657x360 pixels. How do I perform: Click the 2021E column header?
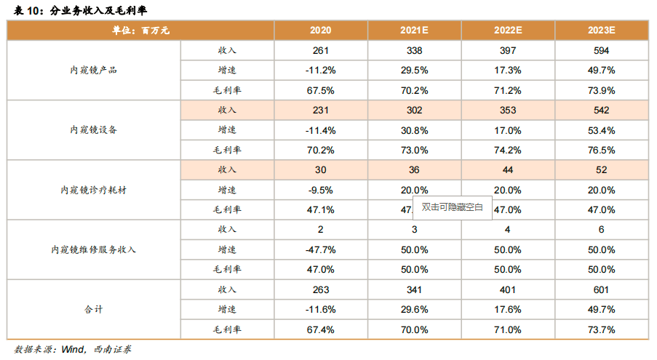click(x=414, y=31)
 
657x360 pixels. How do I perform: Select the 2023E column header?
click(x=601, y=31)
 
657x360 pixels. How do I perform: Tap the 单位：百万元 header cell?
click(x=140, y=31)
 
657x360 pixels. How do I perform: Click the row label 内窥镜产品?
click(x=93, y=71)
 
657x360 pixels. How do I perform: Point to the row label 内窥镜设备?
click(x=93, y=130)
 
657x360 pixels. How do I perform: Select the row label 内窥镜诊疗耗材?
click(x=93, y=190)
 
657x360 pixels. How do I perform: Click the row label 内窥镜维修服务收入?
click(x=93, y=249)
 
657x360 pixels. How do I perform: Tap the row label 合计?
click(x=93, y=309)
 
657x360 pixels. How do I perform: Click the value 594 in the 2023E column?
click(x=601, y=51)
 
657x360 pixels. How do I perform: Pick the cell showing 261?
click(x=320, y=51)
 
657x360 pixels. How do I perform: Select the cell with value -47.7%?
click(x=320, y=249)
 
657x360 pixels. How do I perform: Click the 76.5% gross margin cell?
click(x=601, y=151)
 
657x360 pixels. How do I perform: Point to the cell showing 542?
click(x=601, y=111)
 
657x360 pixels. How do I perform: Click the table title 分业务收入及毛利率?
click(x=103, y=9)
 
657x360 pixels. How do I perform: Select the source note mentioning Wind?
click(x=73, y=349)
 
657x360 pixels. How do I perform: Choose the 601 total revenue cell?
click(x=601, y=289)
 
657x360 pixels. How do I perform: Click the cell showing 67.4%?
click(x=320, y=329)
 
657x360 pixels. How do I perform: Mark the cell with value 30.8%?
click(x=414, y=130)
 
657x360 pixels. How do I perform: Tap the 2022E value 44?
click(x=508, y=170)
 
